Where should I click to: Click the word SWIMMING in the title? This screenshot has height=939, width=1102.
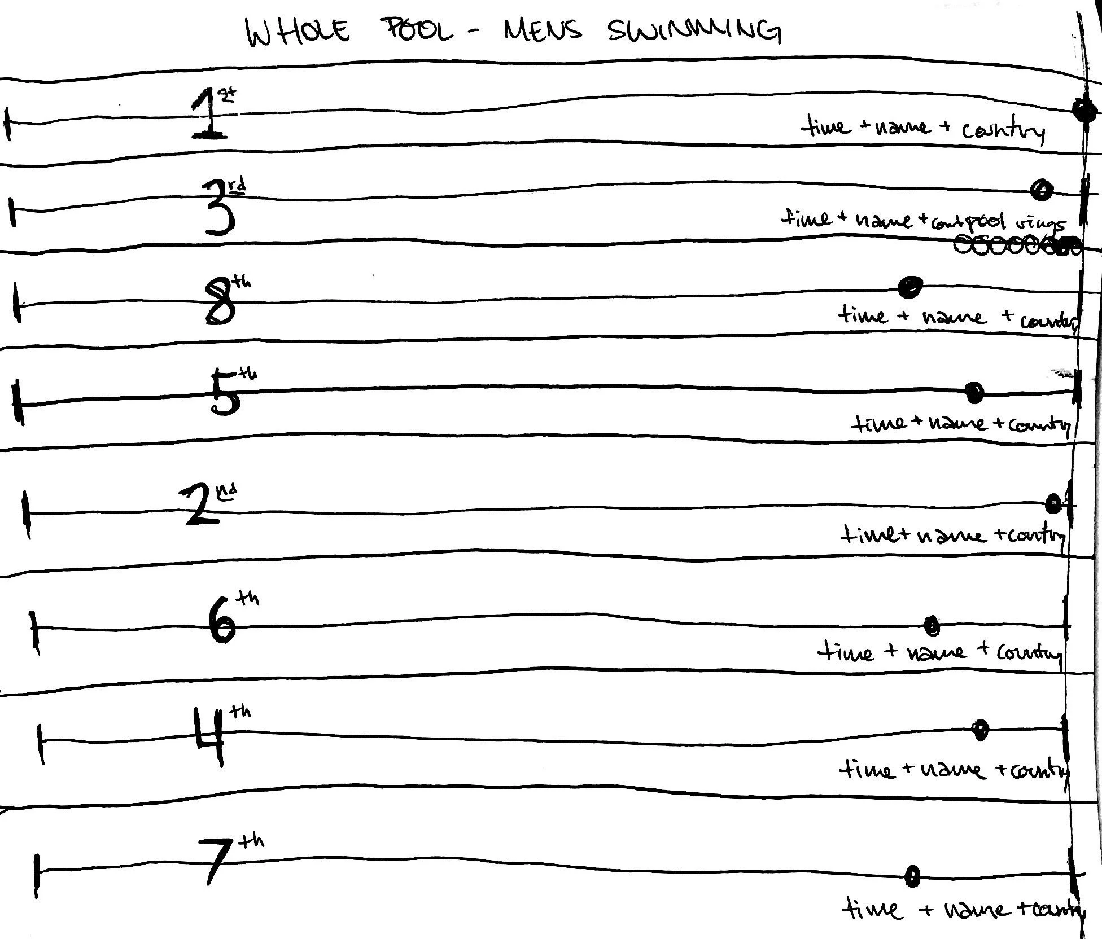pos(694,31)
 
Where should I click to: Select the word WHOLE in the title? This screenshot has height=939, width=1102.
pos(298,33)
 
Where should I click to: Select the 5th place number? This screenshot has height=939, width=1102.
pos(226,392)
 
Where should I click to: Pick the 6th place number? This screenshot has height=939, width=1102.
pos(223,621)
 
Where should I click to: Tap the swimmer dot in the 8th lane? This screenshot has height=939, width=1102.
pos(909,287)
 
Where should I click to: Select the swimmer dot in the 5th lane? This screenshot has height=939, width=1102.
pos(974,393)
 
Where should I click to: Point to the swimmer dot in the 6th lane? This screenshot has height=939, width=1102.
pos(932,625)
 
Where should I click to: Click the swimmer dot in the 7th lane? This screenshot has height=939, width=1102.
pos(912,876)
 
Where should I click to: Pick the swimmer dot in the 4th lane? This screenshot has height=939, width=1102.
pos(981,730)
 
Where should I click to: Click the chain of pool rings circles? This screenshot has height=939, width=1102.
pos(1016,246)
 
